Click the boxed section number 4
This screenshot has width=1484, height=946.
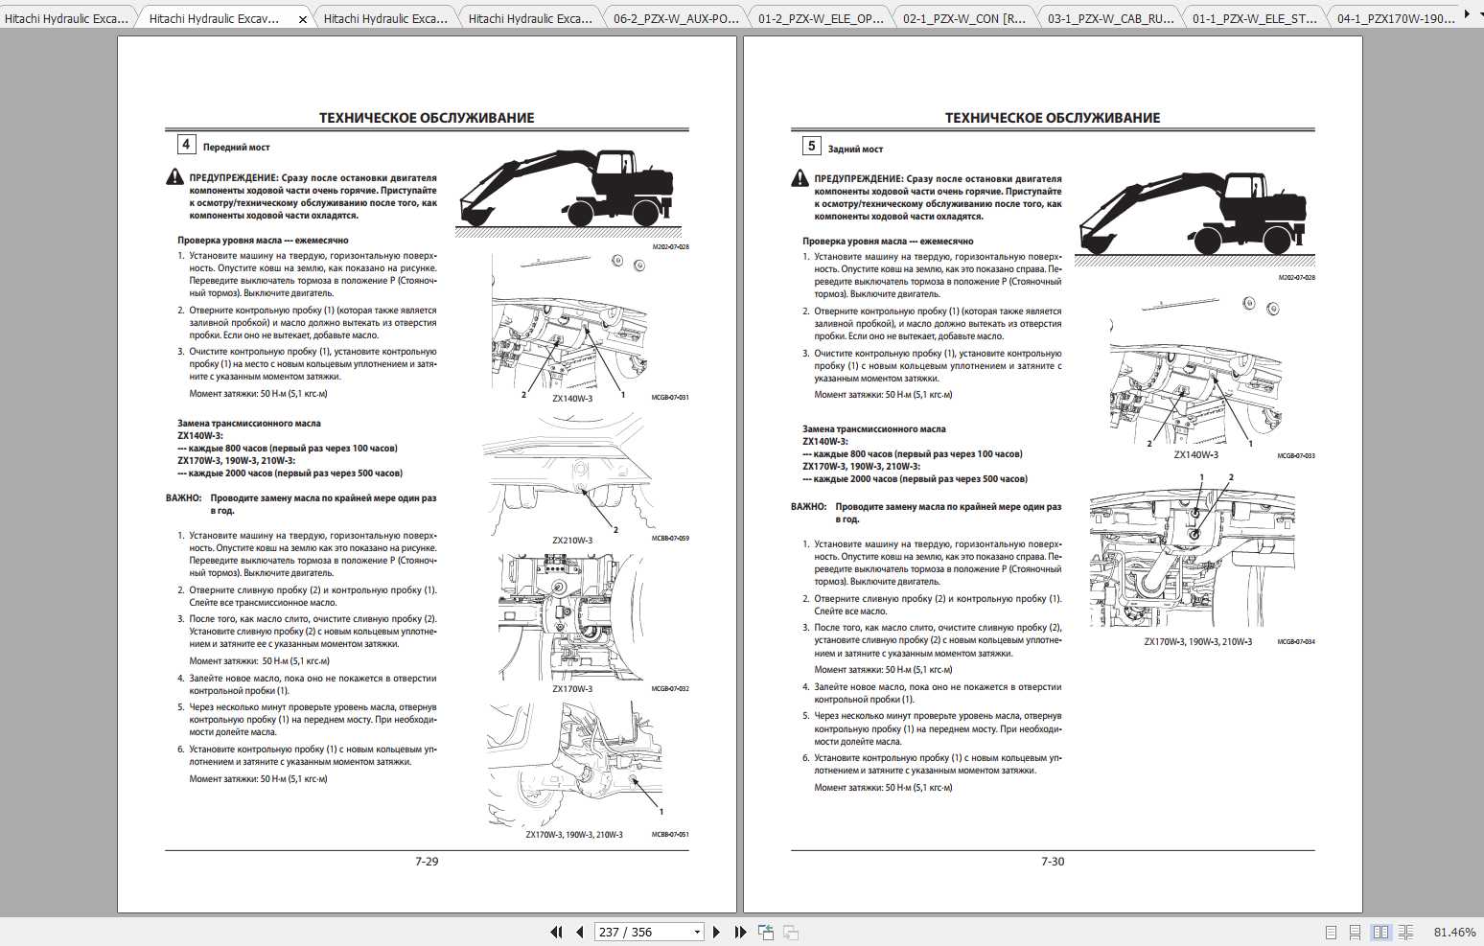click(x=186, y=145)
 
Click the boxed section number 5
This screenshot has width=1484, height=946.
click(x=811, y=146)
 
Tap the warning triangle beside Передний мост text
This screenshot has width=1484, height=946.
click(x=174, y=177)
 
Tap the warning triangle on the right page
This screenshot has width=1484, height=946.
click(x=800, y=178)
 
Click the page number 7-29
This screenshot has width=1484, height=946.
click(x=427, y=862)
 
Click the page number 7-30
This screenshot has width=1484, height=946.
click(x=1053, y=862)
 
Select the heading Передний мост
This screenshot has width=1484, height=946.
click(x=236, y=148)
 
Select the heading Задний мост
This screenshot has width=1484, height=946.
click(x=855, y=150)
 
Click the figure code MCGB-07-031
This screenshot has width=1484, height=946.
click(x=670, y=398)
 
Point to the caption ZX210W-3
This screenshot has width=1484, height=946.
click(x=572, y=541)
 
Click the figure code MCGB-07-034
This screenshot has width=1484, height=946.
click(x=1296, y=642)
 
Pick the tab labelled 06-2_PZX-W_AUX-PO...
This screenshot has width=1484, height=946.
click(x=675, y=18)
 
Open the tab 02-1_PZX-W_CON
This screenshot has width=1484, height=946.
click(x=963, y=18)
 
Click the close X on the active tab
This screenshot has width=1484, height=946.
click(x=303, y=19)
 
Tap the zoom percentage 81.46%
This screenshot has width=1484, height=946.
click(x=1454, y=932)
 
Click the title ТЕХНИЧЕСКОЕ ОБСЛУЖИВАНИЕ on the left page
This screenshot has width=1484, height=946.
click(x=427, y=118)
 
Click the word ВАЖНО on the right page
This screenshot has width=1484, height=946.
click(x=808, y=507)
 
